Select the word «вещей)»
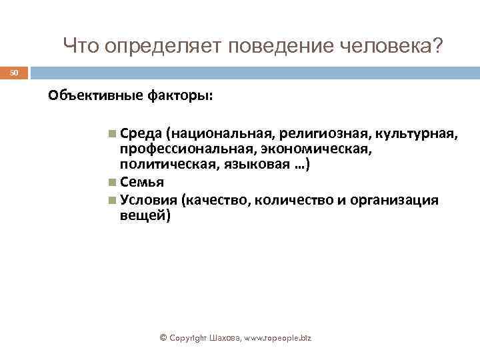145,215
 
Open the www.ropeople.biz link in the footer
273,339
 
